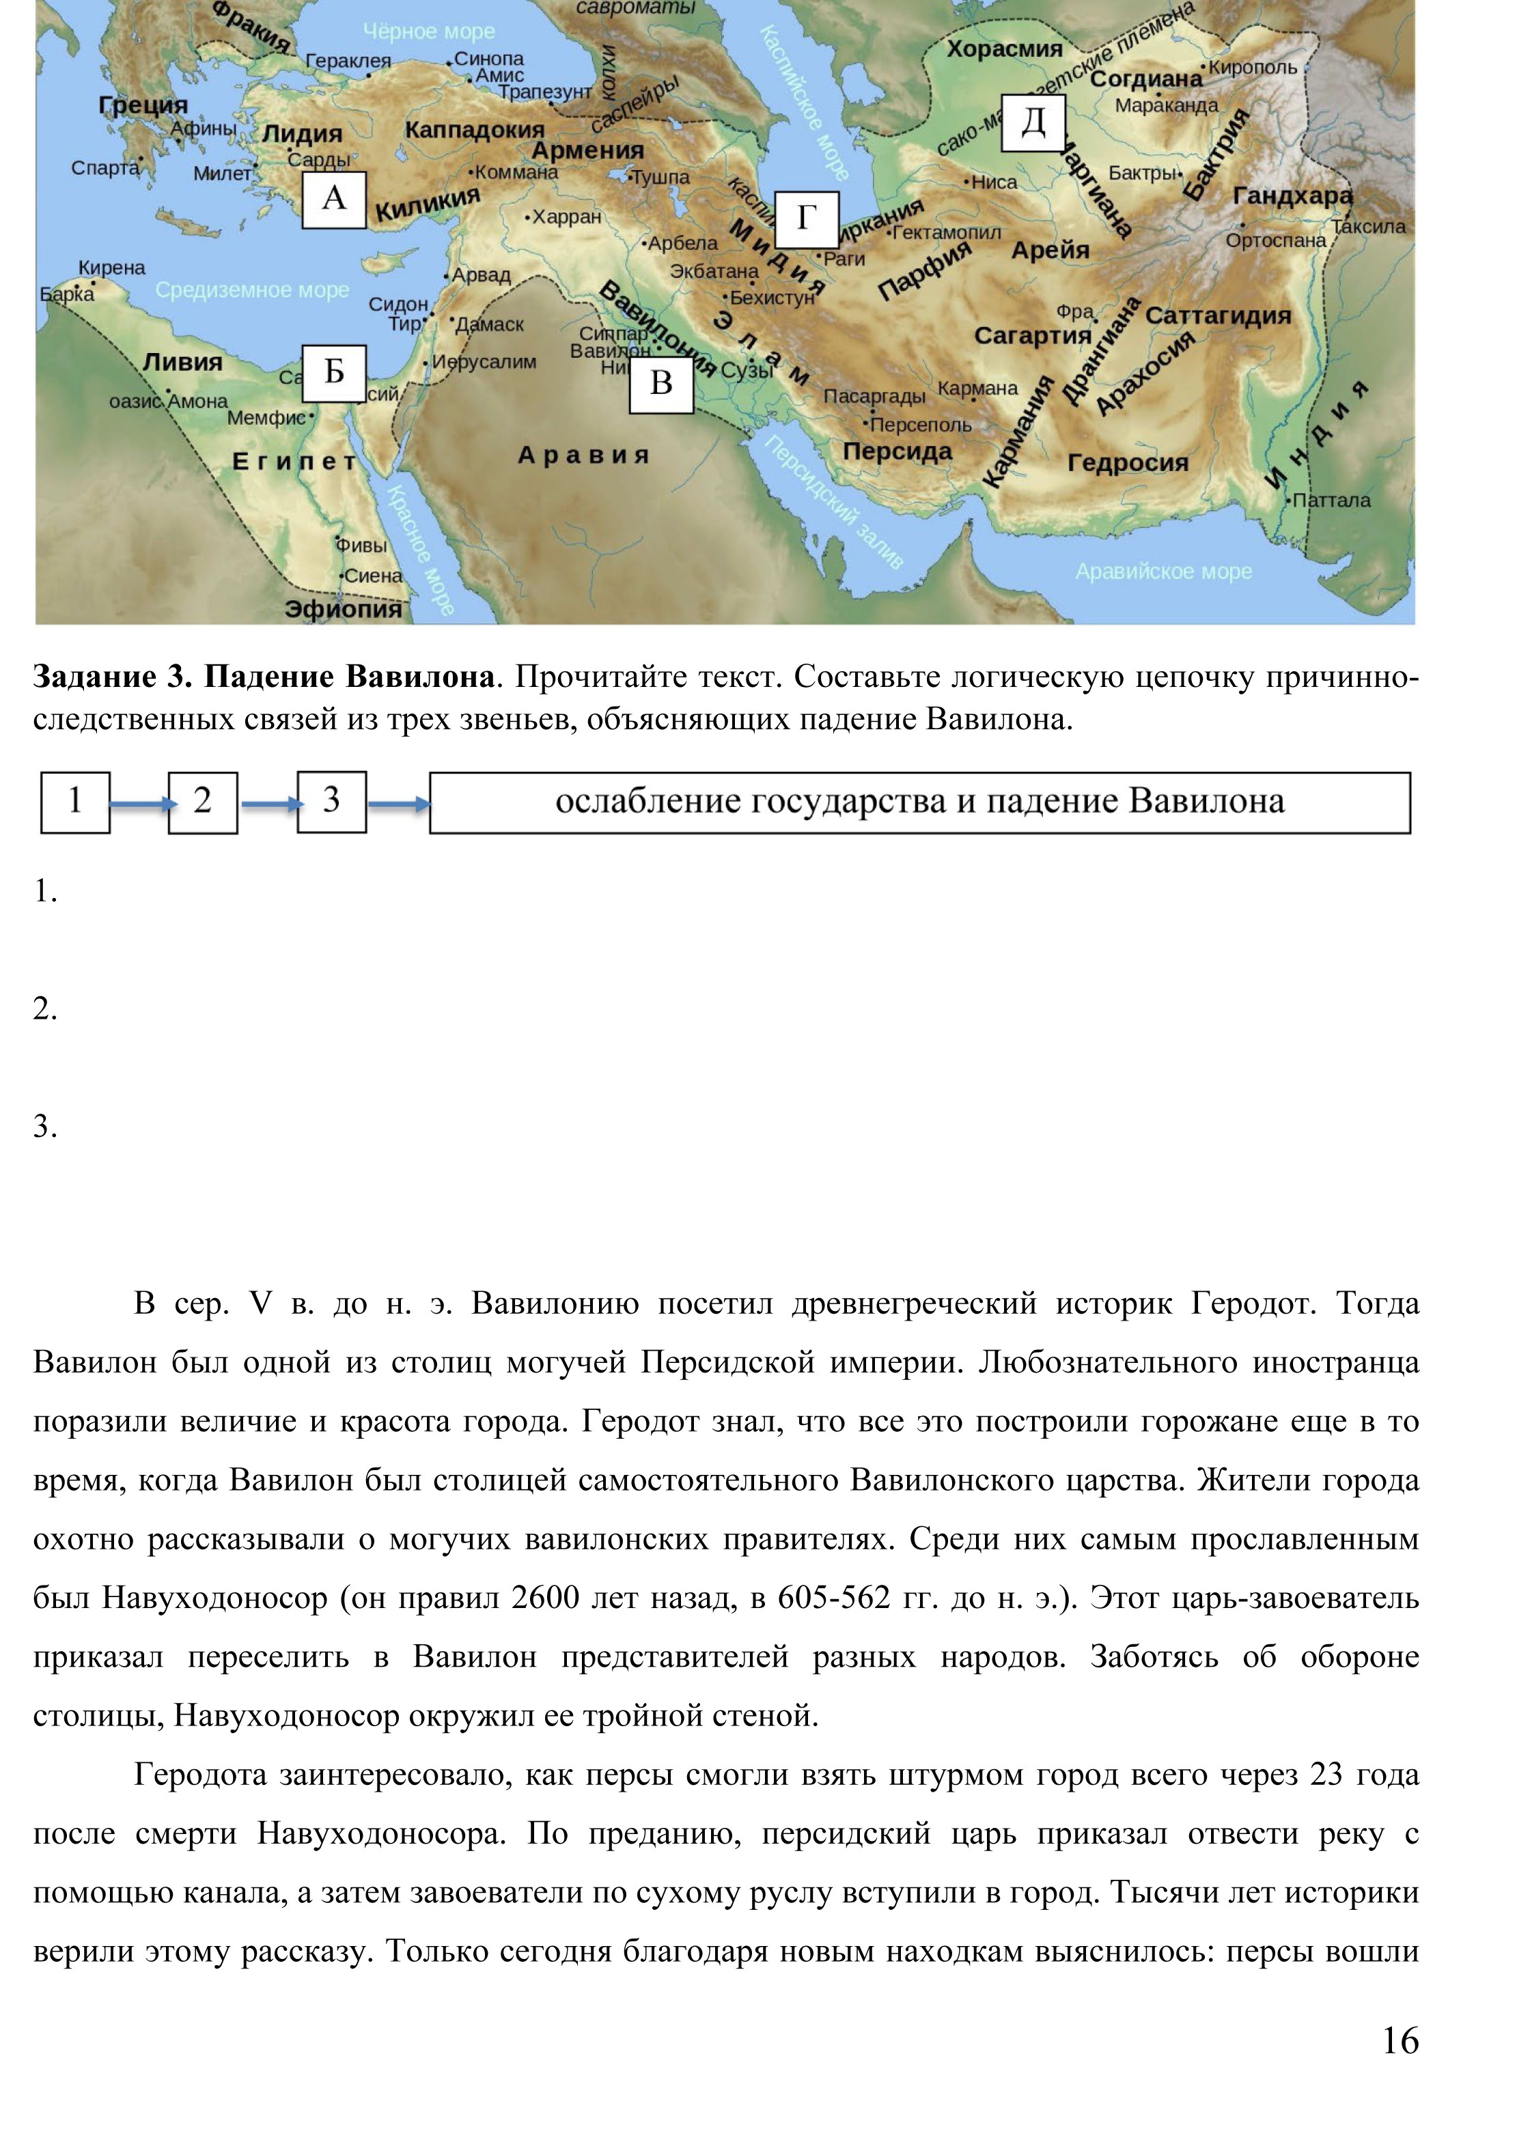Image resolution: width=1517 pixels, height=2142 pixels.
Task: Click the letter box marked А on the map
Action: click(x=333, y=199)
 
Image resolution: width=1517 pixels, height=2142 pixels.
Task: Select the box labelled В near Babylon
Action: click(x=661, y=384)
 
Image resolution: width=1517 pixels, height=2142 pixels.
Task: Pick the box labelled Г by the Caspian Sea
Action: click(x=806, y=219)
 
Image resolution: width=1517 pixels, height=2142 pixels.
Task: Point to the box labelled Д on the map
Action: click(x=1033, y=122)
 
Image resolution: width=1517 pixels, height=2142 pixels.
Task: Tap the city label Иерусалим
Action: click(x=483, y=363)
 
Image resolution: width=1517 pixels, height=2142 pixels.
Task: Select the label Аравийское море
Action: click(x=1163, y=572)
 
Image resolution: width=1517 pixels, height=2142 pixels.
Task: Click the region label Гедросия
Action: click(x=1128, y=463)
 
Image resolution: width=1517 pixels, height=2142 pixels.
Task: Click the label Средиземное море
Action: click(x=252, y=290)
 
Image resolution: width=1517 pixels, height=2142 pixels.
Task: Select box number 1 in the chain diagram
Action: click(x=74, y=802)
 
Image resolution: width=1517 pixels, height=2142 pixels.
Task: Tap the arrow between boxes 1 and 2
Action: click(x=140, y=804)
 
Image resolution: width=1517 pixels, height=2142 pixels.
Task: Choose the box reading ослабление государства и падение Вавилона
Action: click(x=919, y=802)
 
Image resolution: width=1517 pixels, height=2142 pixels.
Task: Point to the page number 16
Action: click(x=1400, y=2041)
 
